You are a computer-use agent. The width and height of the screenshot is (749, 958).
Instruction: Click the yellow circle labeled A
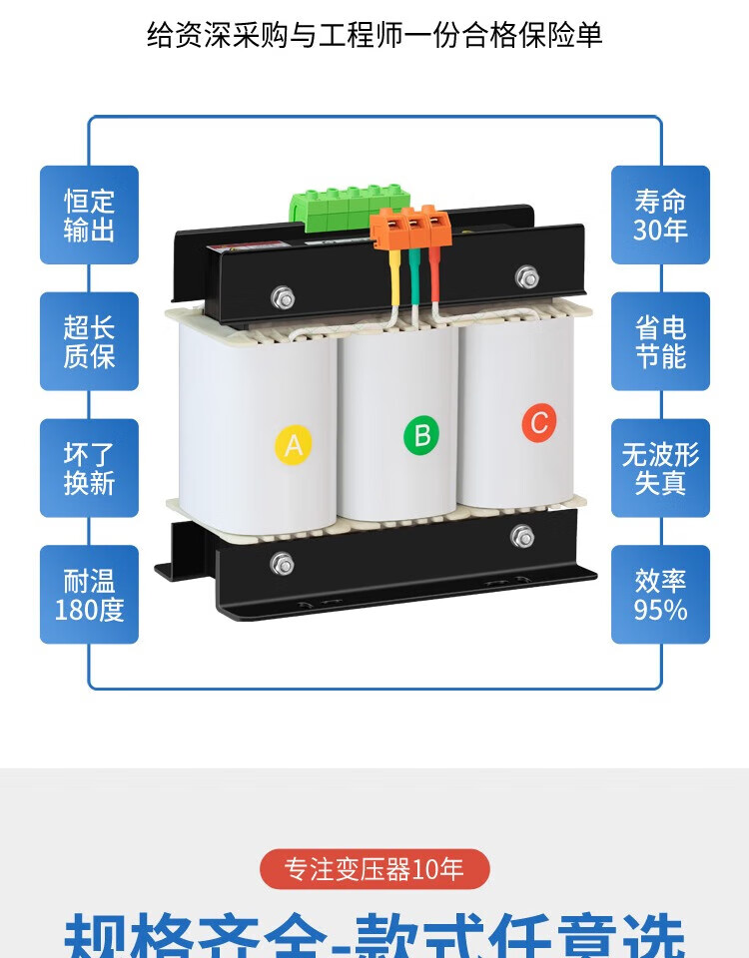coord(293,444)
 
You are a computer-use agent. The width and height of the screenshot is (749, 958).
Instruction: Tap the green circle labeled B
coord(421,434)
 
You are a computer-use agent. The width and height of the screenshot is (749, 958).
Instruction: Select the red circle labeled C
coord(539,423)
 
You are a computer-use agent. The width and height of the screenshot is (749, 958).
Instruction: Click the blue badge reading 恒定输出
coord(89,216)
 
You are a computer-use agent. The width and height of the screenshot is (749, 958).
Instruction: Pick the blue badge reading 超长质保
coord(89,341)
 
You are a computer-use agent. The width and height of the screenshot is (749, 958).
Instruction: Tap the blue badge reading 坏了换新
coord(89,468)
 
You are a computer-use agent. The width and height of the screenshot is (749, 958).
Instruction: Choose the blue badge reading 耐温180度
coord(89,595)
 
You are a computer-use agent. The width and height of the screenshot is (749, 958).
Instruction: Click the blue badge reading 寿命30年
coord(660,216)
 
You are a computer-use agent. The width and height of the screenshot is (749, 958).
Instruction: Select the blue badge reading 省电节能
coord(660,341)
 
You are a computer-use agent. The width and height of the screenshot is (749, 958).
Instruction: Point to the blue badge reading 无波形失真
coord(660,468)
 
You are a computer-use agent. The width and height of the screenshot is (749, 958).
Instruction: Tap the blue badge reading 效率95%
coord(660,595)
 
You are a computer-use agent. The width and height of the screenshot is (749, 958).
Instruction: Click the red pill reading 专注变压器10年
coord(374,869)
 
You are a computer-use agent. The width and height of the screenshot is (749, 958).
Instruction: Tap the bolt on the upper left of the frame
coord(284,296)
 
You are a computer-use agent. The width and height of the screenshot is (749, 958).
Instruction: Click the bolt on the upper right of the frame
coord(526,276)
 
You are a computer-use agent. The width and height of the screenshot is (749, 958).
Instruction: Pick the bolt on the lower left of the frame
coord(283,564)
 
